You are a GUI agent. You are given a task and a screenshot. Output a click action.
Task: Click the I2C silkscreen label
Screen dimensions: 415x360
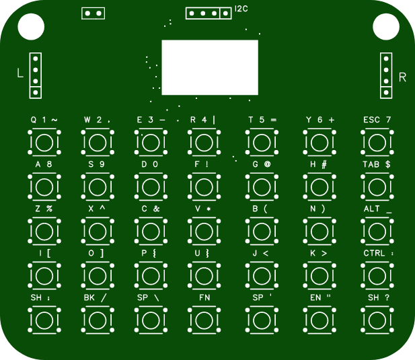(241, 9)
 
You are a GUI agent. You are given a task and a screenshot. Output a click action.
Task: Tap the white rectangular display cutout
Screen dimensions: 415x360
(210, 67)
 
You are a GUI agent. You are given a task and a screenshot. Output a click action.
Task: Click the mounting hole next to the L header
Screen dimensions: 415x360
(31, 27)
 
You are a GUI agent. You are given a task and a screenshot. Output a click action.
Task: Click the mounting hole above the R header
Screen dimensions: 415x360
(386, 27)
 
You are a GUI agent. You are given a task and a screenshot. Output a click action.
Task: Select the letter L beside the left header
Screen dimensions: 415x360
(20, 73)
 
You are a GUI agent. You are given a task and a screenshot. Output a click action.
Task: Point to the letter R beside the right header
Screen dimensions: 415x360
(402, 77)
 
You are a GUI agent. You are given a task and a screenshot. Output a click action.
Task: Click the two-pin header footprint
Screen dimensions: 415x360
(93, 13)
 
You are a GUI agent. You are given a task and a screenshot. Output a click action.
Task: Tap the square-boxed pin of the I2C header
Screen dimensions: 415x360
(225, 13)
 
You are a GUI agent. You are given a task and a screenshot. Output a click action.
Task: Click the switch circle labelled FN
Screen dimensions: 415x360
(204, 320)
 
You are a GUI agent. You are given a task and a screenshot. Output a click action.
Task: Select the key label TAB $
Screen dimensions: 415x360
(377, 164)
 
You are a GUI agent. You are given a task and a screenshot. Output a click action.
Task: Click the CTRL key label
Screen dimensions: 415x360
(374, 253)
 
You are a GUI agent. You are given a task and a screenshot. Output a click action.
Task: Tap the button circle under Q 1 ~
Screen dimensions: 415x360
(44, 143)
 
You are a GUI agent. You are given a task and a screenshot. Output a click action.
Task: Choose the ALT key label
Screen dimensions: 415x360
(371, 209)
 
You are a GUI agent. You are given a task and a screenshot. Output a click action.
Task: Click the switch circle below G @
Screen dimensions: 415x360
(262, 187)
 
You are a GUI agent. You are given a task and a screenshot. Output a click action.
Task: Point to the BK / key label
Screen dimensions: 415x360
(95, 298)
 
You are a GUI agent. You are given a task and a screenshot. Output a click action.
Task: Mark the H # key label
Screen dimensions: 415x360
(318, 164)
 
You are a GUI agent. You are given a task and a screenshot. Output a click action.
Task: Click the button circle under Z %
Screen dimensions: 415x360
(44, 231)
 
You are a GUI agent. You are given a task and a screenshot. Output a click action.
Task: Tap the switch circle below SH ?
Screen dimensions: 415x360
(377, 320)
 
